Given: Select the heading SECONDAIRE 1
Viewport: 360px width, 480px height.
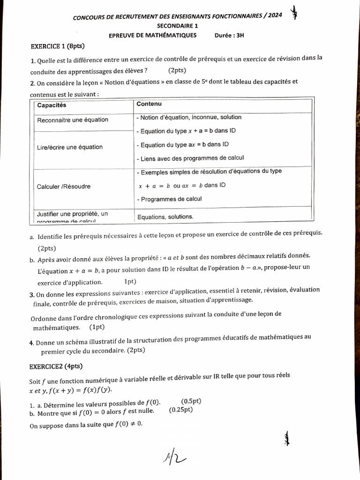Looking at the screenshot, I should [x=178, y=26].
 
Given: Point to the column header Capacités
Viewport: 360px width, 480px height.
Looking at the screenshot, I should [x=52, y=105].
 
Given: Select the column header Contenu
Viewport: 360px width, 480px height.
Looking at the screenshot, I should [x=149, y=104].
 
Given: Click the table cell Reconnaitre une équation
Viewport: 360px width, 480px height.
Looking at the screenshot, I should [x=73, y=120].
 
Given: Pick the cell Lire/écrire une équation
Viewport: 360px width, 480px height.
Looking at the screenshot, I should [x=70, y=147].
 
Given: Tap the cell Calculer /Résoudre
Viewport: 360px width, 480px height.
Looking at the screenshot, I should [x=64, y=187].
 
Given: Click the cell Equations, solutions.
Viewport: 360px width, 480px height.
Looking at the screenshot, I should [x=165, y=217].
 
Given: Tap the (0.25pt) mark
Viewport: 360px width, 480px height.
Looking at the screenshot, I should [x=180, y=410].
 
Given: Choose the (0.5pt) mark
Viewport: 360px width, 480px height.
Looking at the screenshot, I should [x=191, y=402].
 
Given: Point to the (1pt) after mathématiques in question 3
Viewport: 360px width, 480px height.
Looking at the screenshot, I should [x=97, y=327].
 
